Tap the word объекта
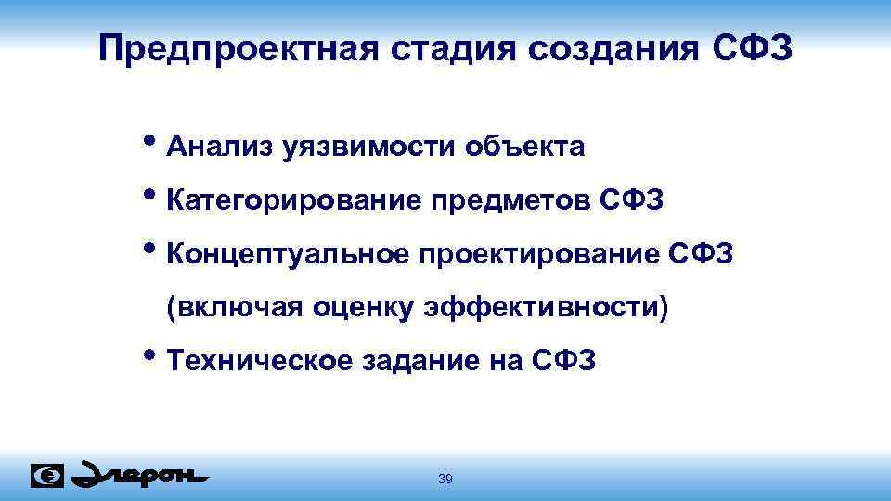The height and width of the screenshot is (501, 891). pyautogui.click(x=525, y=147)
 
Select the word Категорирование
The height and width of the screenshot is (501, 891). pyautogui.click(x=292, y=200)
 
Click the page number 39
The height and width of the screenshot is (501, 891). pyautogui.click(x=445, y=479)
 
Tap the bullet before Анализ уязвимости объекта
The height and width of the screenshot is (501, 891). pyautogui.click(x=153, y=142)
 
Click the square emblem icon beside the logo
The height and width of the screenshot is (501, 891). pyautogui.click(x=47, y=476)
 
